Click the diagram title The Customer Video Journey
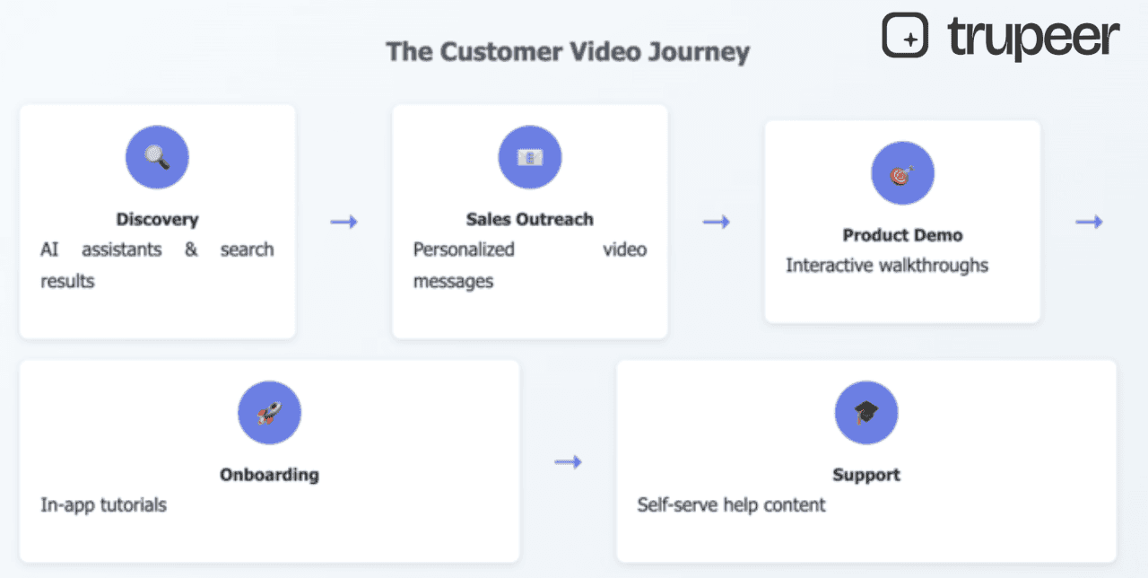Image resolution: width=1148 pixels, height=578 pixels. pos(567,52)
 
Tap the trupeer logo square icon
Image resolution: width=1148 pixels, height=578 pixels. pos(905,36)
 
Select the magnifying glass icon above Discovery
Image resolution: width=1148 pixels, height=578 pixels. pos(157,157)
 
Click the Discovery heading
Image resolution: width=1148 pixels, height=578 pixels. pos(157,219)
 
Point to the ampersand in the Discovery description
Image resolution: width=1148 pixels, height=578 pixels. pos(191,250)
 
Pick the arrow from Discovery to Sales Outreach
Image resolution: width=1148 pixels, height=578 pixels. pos(344,222)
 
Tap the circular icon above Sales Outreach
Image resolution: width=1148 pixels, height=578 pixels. pos(530,157)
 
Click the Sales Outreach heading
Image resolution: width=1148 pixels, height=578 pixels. pos(530,219)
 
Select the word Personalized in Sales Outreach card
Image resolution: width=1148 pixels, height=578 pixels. pos(464,250)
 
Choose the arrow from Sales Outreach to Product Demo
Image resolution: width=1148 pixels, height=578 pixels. pos(716,222)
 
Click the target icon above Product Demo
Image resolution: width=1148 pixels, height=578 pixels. pos(902,173)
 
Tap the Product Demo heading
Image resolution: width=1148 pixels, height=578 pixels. pos(902,235)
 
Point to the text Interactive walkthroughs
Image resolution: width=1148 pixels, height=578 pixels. pos(887,266)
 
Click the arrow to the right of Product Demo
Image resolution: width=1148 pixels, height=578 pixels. pos(1089,222)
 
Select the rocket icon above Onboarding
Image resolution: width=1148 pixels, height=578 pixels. pos(269,413)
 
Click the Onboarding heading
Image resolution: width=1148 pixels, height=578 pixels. pos(269,475)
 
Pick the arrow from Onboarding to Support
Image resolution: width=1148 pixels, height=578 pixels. pos(568,462)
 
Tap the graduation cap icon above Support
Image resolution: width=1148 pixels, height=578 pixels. pos(866,413)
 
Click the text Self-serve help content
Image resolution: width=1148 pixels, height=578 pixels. pos(731,505)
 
